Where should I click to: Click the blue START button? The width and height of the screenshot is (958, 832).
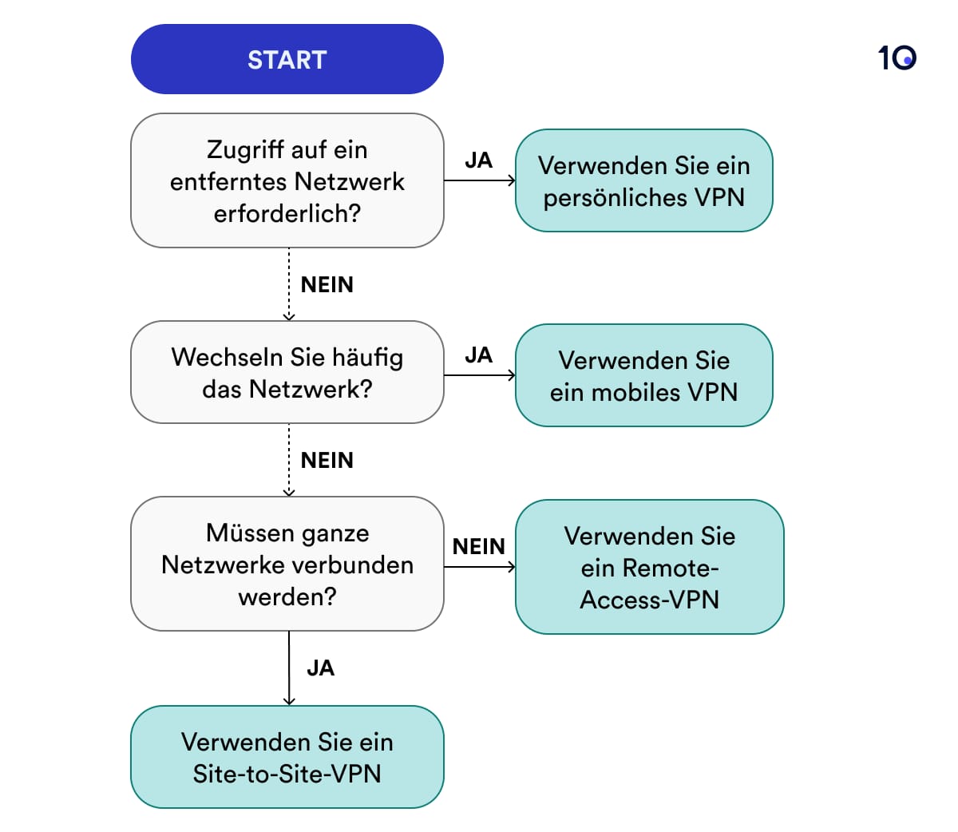(287, 60)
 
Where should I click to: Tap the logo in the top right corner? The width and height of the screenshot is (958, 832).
(897, 57)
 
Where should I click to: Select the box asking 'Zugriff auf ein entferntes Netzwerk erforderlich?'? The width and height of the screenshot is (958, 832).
(287, 180)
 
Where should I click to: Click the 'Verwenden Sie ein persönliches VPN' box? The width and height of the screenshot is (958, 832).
(643, 180)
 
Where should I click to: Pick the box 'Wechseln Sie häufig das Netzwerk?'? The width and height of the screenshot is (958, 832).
(287, 372)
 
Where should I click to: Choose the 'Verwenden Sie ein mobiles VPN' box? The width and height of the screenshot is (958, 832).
(643, 375)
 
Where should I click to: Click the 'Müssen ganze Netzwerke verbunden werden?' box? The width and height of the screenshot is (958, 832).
(287, 564)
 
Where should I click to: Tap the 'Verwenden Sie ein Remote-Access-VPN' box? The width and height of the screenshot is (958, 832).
(649, 567)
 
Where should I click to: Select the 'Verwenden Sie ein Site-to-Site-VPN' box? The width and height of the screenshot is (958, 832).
(287, 757)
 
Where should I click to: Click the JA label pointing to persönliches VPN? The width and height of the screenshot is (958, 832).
(478, 160)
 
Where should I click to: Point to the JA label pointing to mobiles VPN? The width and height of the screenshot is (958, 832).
(478, 355)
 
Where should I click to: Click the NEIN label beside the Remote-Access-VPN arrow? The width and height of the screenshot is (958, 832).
(478, 547)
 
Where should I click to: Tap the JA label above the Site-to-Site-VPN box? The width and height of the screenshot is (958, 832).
(320, 668)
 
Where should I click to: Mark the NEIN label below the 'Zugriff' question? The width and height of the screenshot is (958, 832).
(327, 285)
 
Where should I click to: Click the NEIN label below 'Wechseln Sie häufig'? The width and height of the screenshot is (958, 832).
(327, 461)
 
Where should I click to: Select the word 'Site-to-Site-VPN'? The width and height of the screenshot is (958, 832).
(287, 774)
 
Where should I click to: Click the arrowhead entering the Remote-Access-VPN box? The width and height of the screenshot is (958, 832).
(512, 567)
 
